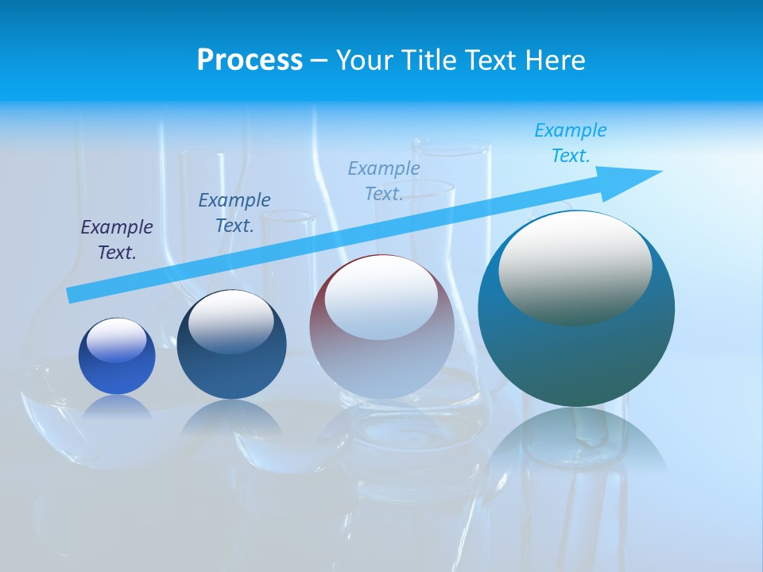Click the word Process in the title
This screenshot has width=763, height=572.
point(250,60)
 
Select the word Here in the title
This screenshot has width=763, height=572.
point(555,60)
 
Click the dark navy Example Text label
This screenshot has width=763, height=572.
point(117,240)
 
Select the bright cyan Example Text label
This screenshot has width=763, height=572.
point(571,143)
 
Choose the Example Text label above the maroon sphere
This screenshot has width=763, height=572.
point(384,180)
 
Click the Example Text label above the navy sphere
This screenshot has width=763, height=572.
point(234,212)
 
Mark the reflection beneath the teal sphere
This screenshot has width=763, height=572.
point(576,437)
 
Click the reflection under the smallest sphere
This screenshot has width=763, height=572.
point(117,407)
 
